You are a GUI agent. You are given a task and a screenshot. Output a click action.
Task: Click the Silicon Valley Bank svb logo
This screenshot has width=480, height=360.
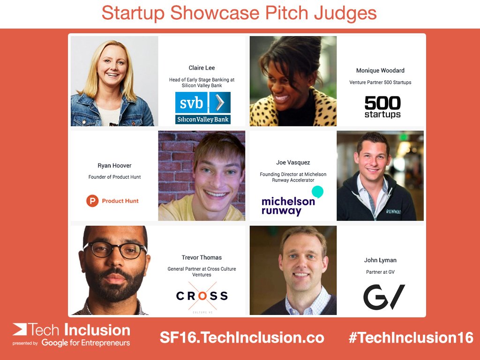202,107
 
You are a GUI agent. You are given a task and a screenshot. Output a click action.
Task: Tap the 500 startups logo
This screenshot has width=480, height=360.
382,107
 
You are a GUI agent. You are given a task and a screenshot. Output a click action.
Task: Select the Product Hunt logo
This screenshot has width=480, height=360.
112,201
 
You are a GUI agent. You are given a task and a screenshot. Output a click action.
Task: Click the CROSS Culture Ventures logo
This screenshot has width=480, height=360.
202,296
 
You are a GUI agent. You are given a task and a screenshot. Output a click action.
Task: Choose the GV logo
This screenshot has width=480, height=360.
384,297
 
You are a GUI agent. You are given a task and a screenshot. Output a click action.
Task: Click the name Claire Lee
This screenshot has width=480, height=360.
202,68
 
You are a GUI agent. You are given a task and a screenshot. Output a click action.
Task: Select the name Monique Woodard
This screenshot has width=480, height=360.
380,71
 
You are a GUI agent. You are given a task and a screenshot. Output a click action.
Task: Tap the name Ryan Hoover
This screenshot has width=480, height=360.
114,165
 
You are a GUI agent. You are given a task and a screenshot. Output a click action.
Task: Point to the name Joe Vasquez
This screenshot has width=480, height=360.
293,163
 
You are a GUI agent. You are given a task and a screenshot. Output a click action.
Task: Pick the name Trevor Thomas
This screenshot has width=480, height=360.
202,257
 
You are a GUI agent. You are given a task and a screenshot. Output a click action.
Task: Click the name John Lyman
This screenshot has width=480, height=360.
380,260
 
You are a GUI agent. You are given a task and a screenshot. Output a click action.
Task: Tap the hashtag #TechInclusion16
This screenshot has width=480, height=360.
411,337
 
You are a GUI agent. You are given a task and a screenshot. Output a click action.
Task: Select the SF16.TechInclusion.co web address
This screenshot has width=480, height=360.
242,337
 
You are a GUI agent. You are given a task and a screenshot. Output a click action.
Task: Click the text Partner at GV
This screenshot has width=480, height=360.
380,272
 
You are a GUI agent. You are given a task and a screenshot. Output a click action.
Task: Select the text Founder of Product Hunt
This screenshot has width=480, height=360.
114,177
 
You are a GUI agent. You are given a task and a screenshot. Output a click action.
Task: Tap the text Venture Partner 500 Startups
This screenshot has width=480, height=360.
380,82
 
